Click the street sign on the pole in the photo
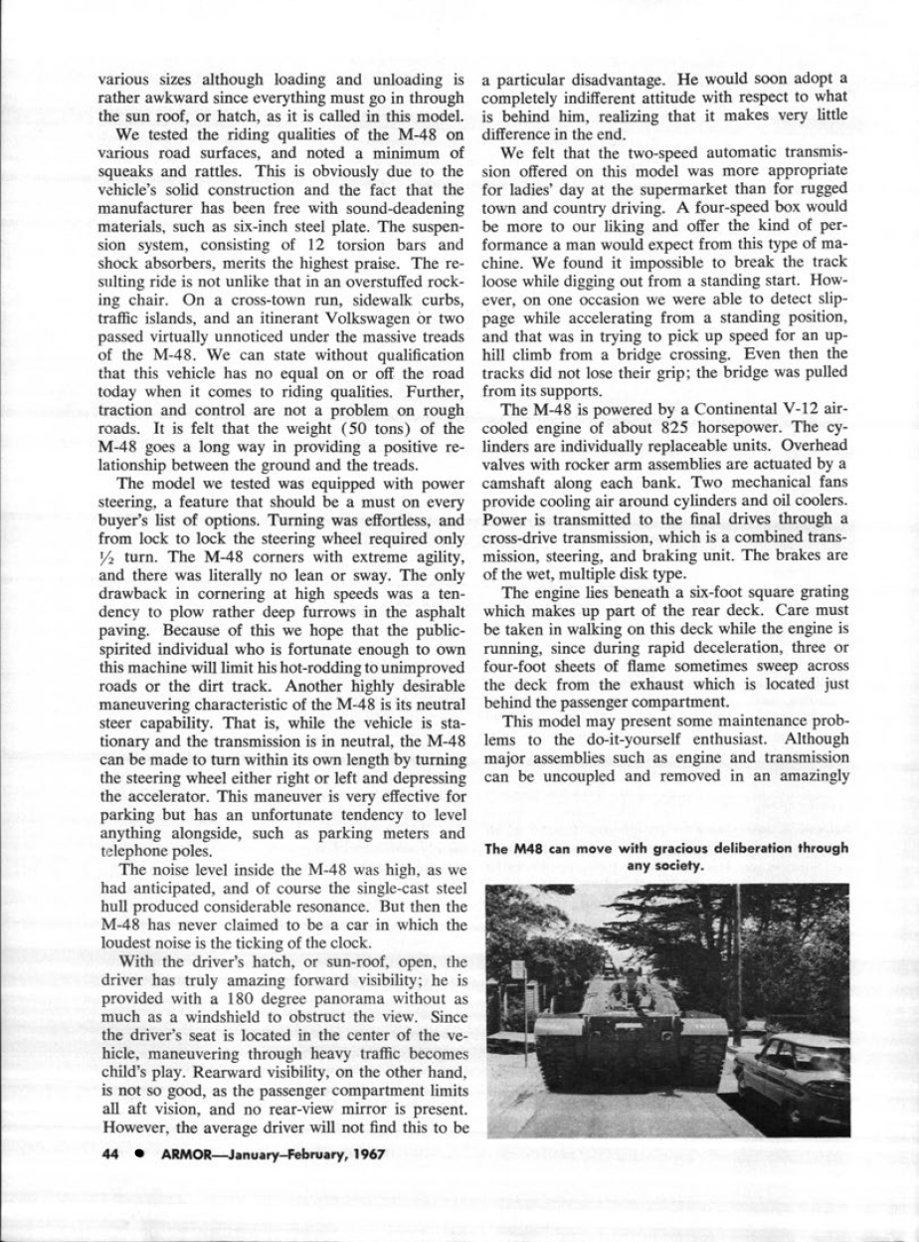(517, 969)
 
